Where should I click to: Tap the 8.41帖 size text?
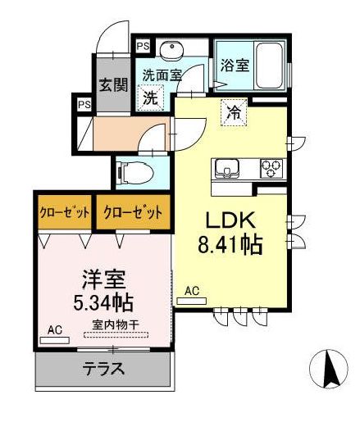pyautogui.click(x=230, y=243)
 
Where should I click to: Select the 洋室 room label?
pyautogui.click(x=103, y=279)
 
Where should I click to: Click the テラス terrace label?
pyautogui.click(x=104, y=369)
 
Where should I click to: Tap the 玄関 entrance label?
pyautogui.click(x=112, y=84)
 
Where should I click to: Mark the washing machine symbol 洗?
pyautogui.click(x=151, y=97)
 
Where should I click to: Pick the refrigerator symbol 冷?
pyautogui.click(x=233, y=114)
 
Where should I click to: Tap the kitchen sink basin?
pyautogui.click(x=226, y=170)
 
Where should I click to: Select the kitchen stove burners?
pyautogui.click(x=270, y=170)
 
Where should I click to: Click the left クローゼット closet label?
pyautogui.click(x=65, y=212)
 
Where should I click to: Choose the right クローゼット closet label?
pyautogui.click(x=132, y=212)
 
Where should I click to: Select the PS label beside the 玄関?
pyautogui.click(x=84, y=104)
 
